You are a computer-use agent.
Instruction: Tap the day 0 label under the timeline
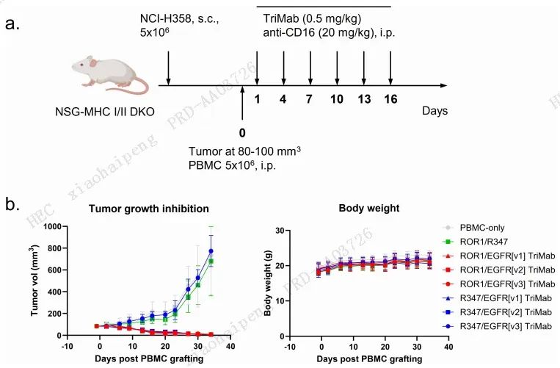pos(242,133)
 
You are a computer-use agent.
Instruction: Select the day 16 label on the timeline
pos(390,99)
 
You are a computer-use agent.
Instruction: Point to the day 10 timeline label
pos(337,99)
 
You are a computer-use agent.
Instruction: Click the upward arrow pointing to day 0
pos(242,104)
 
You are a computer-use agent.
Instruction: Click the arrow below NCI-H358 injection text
pos(168,68)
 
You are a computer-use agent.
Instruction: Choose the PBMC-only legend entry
pos(473,228)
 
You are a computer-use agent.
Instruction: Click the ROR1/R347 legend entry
pos(475,242)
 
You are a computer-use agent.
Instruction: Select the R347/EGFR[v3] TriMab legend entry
pos(497,326)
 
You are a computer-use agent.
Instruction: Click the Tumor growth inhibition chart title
pos(149,209)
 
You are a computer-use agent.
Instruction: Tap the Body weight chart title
pos(369,208)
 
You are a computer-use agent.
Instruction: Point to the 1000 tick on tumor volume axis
pos(52,226)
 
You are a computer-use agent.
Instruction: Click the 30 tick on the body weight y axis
pos(280,231)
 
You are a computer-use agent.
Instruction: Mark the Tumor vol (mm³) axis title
pos(34,281)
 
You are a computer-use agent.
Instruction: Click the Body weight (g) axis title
pos(267,283)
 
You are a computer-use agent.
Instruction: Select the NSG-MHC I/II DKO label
pos(105,112)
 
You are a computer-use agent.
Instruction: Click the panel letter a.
pos(12,24)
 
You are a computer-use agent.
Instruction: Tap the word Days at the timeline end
pos(434,111)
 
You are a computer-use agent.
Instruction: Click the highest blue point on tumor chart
pos(211,251)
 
